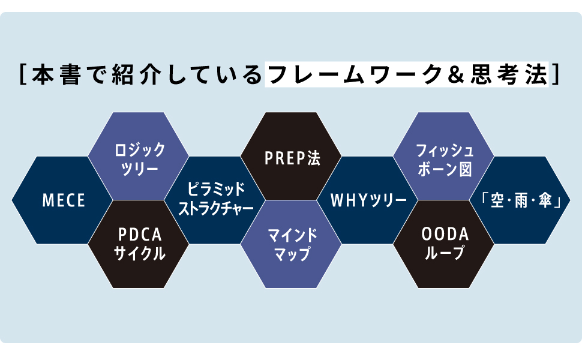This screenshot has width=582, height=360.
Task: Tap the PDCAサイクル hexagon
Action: (136, 244)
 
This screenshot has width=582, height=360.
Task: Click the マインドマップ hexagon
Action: (292, 244)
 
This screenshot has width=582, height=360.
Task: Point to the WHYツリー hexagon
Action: (368, 200)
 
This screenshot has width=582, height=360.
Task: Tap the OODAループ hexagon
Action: (444, 244)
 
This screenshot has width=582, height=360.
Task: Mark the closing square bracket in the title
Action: (556, 76)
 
